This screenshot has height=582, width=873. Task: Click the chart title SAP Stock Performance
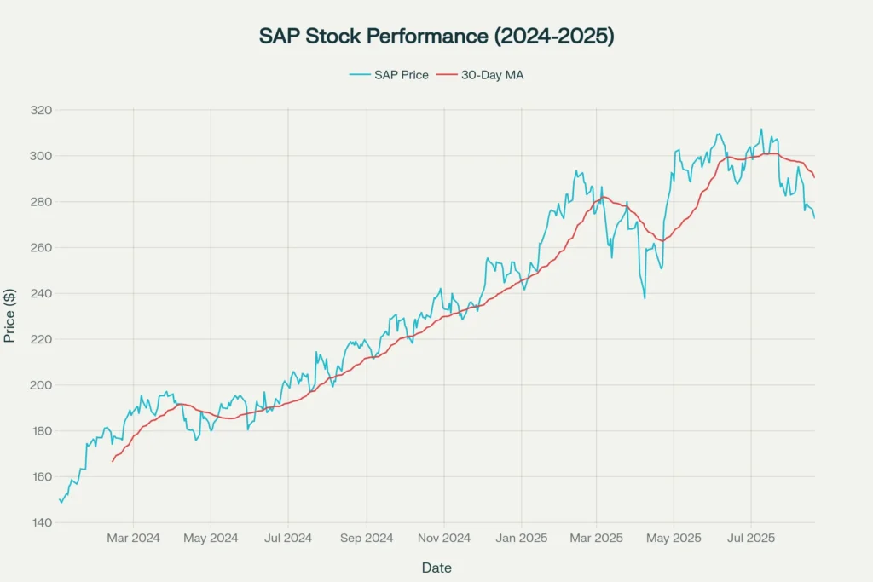[x=436, y=37]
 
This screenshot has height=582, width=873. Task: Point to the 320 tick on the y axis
[x=41, y=110]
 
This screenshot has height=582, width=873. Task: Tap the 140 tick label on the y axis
[x=41, y=522]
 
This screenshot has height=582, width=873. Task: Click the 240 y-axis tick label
[x=41, y=293]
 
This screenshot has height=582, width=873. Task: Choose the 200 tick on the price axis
[x=41, y=385]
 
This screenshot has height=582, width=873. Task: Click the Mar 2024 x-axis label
[x=133, y=538]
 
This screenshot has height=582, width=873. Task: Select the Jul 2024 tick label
[x=288, y=538]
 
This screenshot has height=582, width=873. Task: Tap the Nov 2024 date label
[x=444, y=538]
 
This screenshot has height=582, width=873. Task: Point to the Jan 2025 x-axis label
[x=522, y=538]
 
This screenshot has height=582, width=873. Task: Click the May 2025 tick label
[x=673, y=538]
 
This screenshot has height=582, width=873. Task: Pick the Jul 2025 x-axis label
[x=751, y=538]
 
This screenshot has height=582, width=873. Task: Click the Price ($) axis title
[x=10, y=316]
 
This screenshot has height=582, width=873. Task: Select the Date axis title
[x=436, y=568]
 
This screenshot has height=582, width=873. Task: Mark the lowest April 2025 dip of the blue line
[x=645, y=298]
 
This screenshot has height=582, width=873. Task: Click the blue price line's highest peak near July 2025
[x=761, y=130]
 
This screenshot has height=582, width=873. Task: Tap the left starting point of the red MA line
[x=113, y=461]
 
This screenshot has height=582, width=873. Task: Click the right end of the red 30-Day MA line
[x=814, y=177]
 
